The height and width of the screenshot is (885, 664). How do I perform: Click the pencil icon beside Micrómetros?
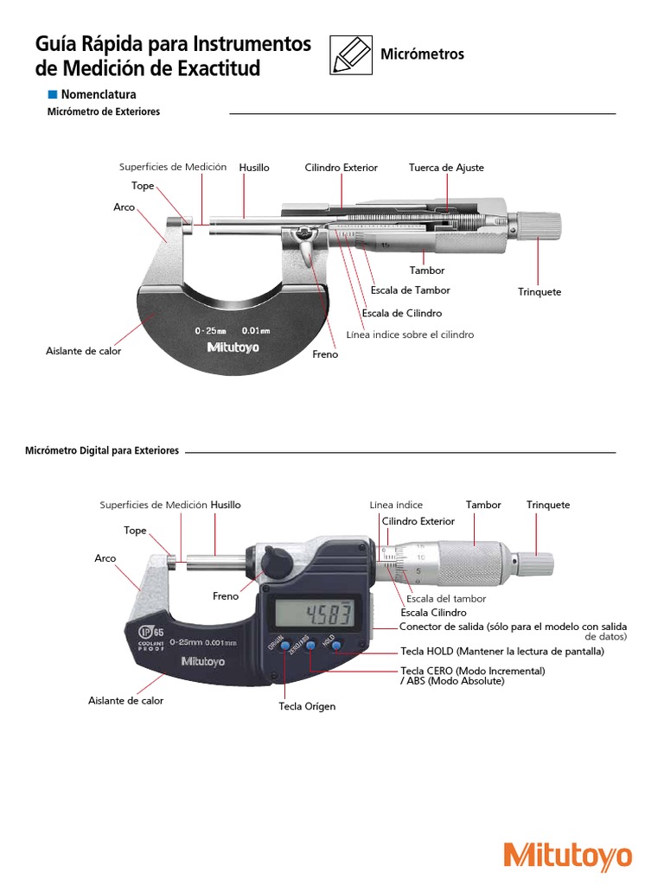(x=350, y=54)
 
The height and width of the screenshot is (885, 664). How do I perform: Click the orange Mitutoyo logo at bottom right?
(x=568, y=857)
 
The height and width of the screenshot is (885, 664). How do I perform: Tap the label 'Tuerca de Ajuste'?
(x=446, y=168)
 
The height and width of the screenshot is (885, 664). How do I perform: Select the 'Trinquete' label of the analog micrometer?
(x=539, y=292)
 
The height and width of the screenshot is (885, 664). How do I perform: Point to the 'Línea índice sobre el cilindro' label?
(x=410, y=334)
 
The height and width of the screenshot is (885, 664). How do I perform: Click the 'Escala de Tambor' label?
(x=410, y=290)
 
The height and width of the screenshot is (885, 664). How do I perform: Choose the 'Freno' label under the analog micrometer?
(x=325, y=354)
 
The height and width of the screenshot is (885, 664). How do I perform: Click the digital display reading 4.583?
(x=316, y=615)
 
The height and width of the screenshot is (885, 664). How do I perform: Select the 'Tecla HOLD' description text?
(x=502, y=651)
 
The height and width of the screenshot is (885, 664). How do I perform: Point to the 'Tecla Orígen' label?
(x=307, y=706)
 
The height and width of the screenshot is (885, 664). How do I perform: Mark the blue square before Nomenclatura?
(x=52, y=94)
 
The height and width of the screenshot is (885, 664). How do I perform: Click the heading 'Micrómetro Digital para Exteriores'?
(x=102, y=451)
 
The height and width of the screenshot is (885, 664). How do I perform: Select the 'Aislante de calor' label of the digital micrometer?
(x=125, y=701)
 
